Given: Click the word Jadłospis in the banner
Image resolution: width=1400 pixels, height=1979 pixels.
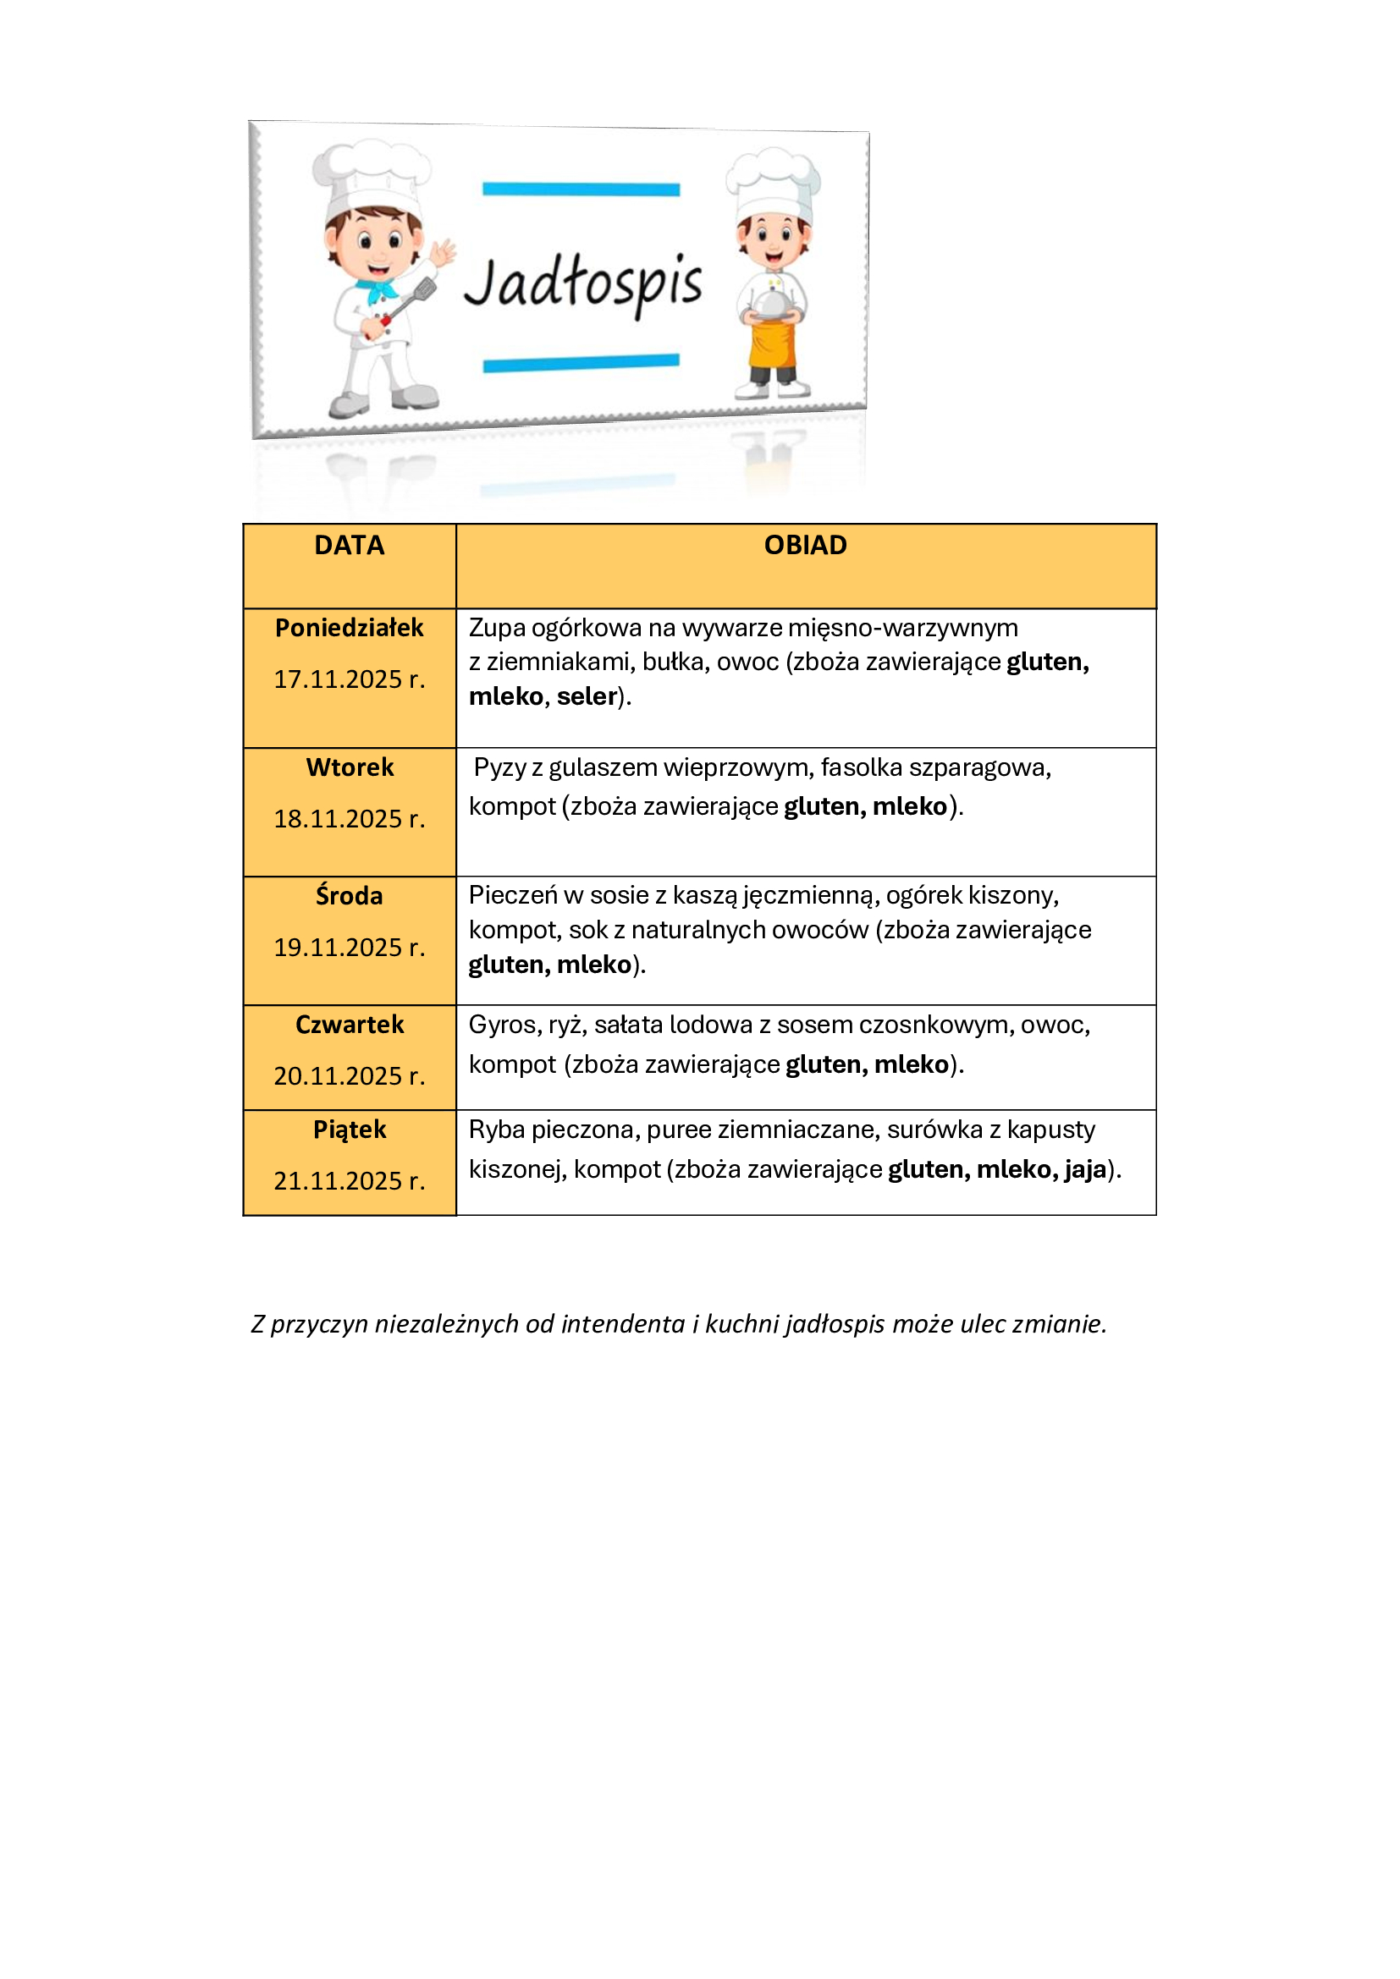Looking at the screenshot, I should pos(584,282).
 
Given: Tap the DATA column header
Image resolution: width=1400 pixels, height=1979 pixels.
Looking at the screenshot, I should pos(349,546).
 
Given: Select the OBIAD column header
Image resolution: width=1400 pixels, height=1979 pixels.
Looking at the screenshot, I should pos(805,546).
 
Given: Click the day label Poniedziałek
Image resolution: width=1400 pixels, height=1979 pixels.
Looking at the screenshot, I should pos(349,628).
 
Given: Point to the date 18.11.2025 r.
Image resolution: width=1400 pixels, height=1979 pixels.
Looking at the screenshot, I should pos(349,819).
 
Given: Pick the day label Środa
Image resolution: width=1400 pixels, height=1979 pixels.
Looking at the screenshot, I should pos(349,895).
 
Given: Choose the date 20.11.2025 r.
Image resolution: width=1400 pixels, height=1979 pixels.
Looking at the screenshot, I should pos(349,1075).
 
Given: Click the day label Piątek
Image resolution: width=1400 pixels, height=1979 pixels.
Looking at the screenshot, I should pos(349,1130).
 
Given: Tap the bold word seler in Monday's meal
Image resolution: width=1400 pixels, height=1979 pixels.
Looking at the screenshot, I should pos(587,696).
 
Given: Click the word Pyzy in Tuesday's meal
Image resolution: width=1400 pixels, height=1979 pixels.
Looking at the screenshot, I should pos(500,767).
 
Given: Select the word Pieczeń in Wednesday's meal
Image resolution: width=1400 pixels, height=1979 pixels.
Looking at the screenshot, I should pos(513,895).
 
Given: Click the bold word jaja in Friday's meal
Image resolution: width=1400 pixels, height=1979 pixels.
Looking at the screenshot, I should pos(1085,1169).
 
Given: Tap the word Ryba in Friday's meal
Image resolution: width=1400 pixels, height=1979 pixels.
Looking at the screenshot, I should pos(497,1130).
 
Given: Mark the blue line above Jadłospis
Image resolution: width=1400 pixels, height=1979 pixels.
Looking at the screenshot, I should pos(581,189).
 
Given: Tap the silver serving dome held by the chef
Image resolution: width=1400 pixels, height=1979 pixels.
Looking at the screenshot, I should pos(773,302).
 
